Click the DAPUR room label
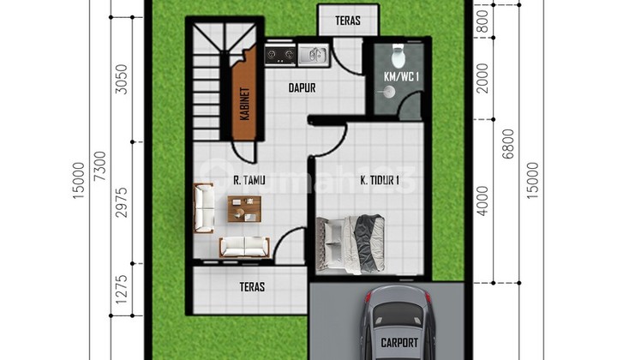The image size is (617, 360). point(302,87)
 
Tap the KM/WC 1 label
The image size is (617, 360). point(401,77)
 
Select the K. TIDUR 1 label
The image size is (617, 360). point(380,180)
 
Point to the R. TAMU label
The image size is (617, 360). point(249,180)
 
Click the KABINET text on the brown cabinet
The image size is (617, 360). point(245,104)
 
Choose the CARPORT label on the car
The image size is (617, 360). point(399,342)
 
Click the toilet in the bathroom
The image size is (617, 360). point(398,56)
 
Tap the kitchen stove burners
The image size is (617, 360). point(280,55)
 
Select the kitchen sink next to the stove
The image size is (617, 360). point(313,55)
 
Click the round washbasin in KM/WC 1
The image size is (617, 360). point(389,93)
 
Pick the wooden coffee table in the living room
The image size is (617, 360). point(244,208)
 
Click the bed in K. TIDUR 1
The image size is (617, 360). point(351,244)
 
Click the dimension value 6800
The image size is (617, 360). point(509,144)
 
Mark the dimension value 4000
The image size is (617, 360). point(482,201)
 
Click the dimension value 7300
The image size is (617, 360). point(101,166)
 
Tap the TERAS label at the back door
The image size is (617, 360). point(348,21)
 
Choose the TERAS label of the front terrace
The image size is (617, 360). point(252,287)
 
